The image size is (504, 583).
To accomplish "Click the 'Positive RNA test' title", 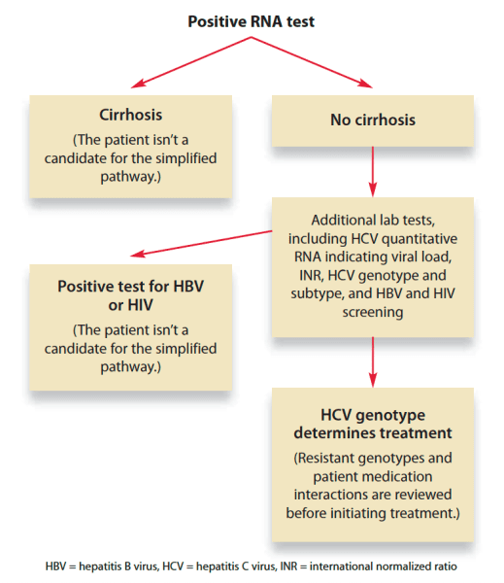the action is tap(252, 21).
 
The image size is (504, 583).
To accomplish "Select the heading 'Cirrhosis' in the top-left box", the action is tap(131, 115).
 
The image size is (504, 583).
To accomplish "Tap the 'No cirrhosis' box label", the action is tap(373, 120).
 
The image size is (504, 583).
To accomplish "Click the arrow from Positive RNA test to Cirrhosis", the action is tap(191, 62).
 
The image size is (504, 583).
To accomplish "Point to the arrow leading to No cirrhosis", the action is tap(312, 62).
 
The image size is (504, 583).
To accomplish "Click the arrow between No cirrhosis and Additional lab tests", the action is tap(373, 171).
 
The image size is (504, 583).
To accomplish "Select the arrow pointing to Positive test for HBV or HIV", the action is tap(201, 244).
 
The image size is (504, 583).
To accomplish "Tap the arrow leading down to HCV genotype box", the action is tap(373, 362).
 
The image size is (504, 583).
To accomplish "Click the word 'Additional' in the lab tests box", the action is tap(337, 221).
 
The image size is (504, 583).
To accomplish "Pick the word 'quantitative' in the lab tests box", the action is tap(420, 239).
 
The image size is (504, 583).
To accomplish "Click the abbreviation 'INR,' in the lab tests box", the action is tap(312, 276).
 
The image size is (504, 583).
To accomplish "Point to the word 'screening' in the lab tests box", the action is tap(373, 312).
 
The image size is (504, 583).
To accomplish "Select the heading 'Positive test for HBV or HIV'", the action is tap(131, 295).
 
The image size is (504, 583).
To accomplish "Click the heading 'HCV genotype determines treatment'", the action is tap(373, 424).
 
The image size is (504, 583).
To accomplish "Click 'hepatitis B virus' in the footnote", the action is tap(118, 566).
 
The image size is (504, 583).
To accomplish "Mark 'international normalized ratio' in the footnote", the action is tap(384, 566).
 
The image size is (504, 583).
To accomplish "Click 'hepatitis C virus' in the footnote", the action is tap(236, 566).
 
